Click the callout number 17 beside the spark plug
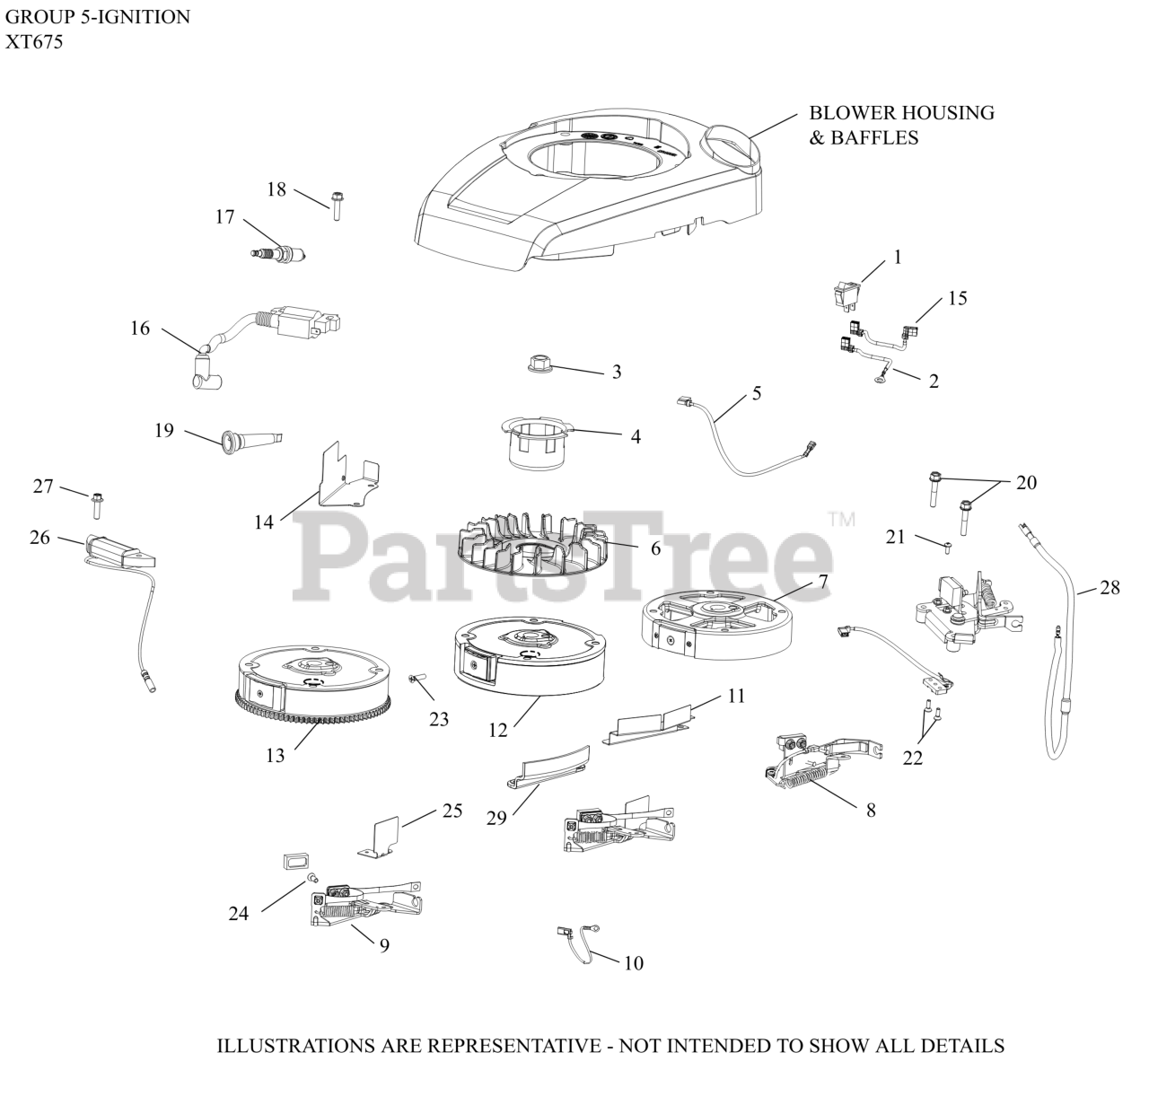[224, 217]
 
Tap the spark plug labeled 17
[281, 255]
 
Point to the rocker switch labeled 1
[849, 290]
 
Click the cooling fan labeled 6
[530, 543]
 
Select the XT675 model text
[34, 41]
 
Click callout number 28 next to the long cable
[1110, 588]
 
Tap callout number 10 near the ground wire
[633, 963]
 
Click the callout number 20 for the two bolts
[1026, 483]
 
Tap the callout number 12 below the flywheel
[497, 731]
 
